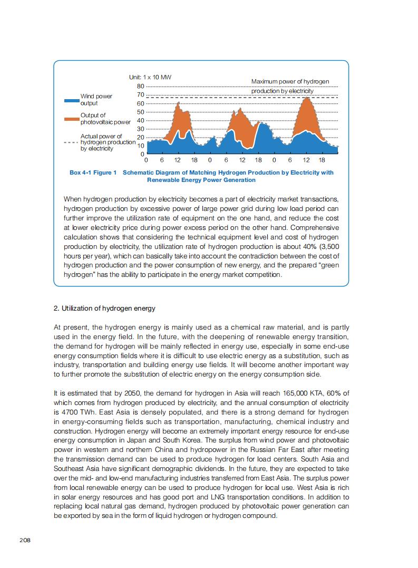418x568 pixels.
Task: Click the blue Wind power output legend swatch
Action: tap(71, 100)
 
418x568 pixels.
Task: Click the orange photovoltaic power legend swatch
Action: tap(71, 119)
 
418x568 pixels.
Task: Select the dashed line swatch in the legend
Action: tap(71, 142)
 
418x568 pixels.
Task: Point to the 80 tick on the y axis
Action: tap(140, 86)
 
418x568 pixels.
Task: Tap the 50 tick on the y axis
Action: tap(140, 112)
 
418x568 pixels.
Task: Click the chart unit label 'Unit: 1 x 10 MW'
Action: tap(150, 78)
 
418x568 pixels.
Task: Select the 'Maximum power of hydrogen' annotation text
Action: tap(290, 82)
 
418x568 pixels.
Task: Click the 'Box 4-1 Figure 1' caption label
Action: tap(93, 172)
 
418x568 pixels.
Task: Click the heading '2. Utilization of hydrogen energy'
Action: tap(104, 308)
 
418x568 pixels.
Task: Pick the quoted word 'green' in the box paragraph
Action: tap(329, 266)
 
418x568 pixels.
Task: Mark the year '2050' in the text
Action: tap(132, 393)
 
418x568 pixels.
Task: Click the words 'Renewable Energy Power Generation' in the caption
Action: tap(201, 180)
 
